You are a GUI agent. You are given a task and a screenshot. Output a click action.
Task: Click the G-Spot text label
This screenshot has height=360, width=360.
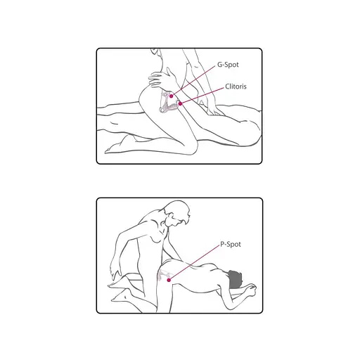tap(228, 65)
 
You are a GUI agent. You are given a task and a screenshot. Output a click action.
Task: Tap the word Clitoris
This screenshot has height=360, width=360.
tap(236, 86)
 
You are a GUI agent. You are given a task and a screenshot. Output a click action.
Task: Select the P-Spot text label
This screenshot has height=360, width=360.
tap(231, 244)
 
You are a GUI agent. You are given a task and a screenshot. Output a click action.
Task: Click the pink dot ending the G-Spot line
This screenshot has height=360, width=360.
tap(172, 96)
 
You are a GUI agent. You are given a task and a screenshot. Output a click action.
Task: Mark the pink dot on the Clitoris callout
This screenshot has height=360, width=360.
tap(180, 103)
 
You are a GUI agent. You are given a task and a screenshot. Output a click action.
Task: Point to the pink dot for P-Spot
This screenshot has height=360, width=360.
tap(169, 280)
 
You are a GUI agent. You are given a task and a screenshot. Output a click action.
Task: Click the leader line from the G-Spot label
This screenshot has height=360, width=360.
tap(193, 81)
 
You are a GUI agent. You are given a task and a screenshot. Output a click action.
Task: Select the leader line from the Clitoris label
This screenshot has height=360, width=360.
tap(202, 96)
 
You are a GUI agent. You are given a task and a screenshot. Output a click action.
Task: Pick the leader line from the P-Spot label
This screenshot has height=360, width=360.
tap(194, 262)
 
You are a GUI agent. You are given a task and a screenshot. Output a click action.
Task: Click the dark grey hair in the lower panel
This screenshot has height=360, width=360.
tap(234, 279)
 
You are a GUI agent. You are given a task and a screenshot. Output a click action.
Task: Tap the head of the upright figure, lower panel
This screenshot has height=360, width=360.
tap(178, 213)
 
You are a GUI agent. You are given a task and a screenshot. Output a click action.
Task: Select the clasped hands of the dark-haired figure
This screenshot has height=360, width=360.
tap(249, 290)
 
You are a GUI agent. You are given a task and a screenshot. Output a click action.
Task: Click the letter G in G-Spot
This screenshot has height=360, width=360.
tap(220, 65)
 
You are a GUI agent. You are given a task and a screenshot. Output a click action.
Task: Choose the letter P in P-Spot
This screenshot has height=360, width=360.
tap(222, 244)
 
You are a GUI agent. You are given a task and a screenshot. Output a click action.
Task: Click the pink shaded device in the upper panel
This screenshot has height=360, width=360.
tap(169, 103)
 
